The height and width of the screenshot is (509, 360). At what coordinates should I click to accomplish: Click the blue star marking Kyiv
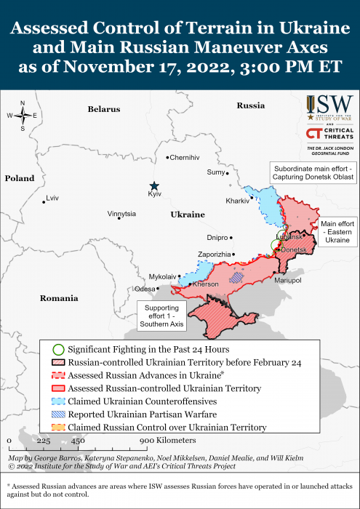[x=153, y=185]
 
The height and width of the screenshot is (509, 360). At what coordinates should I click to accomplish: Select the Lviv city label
[x=52, y=198]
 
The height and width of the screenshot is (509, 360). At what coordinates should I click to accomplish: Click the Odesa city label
[x=145, y=289]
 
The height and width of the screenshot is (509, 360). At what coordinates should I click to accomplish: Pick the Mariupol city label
[x=287, y=280]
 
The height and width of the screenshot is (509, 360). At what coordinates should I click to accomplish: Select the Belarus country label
[x=103, y=109]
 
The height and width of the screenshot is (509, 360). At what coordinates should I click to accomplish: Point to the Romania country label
[x=59, y=298]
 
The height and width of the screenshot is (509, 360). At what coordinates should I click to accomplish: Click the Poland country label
[x=19, y=178]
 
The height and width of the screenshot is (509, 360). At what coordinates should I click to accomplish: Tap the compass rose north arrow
[x=23, y=106]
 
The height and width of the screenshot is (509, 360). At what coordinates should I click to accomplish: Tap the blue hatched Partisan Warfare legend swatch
[x=58, y=414]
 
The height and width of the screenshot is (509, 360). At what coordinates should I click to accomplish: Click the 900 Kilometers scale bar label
[x=167, y=441]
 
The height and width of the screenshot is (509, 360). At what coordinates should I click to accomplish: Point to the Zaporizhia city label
[x=214, y=254]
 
